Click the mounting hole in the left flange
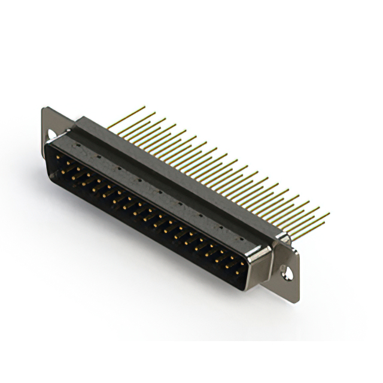click(53, 135)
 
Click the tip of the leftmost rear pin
click(145, 107)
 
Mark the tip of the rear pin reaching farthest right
click(329, 215)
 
